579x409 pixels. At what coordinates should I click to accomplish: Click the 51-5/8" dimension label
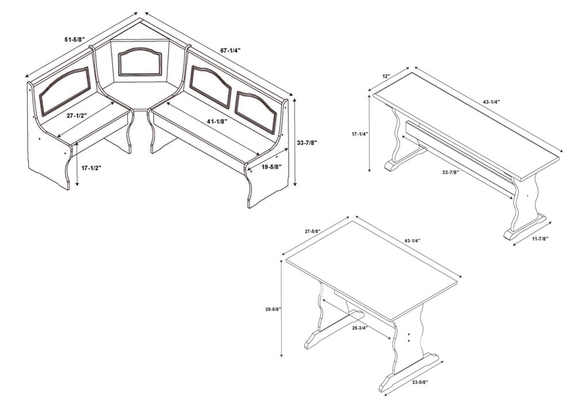(75, 39)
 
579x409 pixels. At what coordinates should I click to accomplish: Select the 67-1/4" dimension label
(230, 51)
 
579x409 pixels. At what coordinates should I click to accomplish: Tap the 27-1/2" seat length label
(77, 116)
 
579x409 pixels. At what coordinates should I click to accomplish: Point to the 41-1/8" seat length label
(216, 121)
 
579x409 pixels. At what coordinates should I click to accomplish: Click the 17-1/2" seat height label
(91, 168)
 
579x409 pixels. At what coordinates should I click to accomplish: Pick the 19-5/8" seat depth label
(272, 167)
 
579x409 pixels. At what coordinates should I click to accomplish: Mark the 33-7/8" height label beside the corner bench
(307, 142)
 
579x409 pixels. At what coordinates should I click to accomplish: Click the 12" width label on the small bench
(386, 77)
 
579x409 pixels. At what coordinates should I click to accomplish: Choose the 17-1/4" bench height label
(360, 134)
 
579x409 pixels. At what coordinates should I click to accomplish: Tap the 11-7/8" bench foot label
(540, 238)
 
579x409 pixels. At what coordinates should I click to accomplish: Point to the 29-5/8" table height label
(273, 309)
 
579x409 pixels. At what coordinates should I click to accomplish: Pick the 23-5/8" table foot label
(420, 383)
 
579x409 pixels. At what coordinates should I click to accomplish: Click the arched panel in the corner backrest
(140, 62)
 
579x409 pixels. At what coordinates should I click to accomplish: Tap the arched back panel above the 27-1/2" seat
(65, 90)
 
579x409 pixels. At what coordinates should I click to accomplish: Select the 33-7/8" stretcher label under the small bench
(451, 172)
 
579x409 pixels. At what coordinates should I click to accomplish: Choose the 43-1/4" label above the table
(412, 241)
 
